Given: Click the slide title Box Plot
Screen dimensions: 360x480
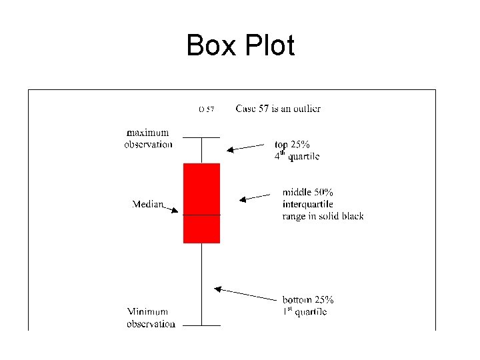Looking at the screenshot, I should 240,46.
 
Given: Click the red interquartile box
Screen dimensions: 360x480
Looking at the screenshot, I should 201,193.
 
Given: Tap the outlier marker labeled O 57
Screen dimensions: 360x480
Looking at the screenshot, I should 206,109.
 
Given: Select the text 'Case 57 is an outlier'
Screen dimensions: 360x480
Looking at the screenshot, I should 278,108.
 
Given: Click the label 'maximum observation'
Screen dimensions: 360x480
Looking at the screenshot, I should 148,139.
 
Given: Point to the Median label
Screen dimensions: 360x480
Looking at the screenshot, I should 148,203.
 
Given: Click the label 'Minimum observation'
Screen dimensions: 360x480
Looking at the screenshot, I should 151,317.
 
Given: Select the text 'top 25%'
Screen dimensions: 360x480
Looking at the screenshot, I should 292,144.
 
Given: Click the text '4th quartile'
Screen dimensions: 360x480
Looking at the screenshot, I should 297,156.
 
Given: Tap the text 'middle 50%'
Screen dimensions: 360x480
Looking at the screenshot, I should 307,192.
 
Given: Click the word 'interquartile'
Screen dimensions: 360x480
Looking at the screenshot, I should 307,203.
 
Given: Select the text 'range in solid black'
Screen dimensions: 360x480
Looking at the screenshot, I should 323,215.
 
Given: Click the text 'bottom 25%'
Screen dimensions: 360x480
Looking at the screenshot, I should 307,300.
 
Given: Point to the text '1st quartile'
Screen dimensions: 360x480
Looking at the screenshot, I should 304,311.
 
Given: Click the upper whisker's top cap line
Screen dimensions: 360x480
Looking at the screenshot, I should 201,137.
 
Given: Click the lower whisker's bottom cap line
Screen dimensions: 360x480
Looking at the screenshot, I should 201,325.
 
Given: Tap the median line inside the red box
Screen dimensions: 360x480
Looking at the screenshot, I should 201,215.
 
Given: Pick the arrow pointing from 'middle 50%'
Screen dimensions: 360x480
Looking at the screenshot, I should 257,197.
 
